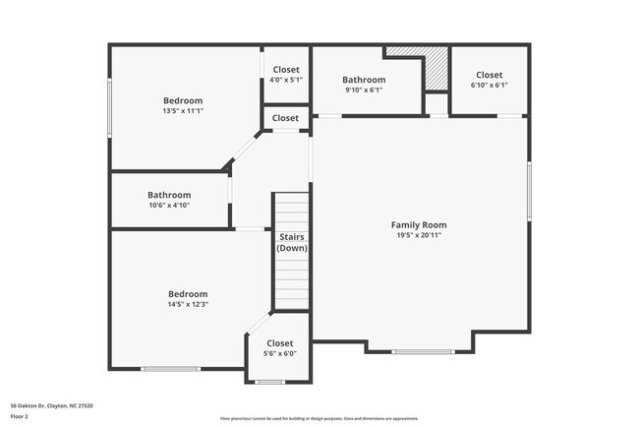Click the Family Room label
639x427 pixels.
(x=419, y=225)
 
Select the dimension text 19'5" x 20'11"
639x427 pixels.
(x=419, y=236)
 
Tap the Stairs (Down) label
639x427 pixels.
(x=292, y=243)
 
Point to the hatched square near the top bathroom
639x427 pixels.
(x=436, y=74)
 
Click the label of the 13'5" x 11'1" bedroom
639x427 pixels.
(x=183, y=100)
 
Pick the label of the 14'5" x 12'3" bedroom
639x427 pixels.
(x=188, y=294)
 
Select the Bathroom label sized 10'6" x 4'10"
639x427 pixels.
(x=169, y=195)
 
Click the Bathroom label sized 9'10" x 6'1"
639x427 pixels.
(x=363, y=80)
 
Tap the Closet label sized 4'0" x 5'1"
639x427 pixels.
(x=286, y=69)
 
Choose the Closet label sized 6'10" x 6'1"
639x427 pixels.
(x=489, y=75)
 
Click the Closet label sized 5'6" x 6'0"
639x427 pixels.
(x=280, y=343)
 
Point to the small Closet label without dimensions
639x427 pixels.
(x=285, y=118)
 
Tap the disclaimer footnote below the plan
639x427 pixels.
(x=319, y=418)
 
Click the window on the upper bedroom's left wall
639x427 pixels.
(x=109, y=110)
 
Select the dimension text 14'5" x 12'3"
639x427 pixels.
(x=188, y=305)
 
